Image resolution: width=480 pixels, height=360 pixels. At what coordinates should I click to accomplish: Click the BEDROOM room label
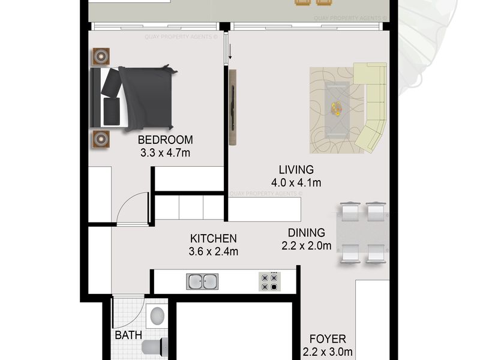166,140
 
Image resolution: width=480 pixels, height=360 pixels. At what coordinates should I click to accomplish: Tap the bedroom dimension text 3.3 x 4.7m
166,153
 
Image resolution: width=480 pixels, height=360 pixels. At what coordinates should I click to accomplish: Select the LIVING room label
296,170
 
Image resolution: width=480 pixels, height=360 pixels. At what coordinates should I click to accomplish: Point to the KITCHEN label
214,238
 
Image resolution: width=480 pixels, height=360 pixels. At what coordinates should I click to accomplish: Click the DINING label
307,233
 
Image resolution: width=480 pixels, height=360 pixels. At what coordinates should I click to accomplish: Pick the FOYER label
328,339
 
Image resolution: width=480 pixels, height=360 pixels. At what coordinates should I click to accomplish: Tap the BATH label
128,335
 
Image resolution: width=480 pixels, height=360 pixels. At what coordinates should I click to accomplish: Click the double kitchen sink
202,281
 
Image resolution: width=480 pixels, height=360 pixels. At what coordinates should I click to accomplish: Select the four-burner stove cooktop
269,281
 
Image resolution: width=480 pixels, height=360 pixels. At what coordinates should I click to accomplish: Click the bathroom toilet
155,347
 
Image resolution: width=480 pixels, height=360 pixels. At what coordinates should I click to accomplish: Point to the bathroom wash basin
157,316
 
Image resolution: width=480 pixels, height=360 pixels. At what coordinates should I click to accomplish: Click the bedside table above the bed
101,56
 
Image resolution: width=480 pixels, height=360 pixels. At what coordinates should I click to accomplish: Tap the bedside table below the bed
101,139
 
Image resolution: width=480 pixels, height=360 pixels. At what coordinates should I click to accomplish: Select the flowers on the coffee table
337,109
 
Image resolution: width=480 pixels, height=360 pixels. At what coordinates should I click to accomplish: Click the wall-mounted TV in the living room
233,107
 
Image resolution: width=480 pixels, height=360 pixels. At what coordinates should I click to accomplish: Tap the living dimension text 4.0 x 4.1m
296,183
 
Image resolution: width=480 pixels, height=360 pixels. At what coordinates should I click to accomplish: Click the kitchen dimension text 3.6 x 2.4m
214,251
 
